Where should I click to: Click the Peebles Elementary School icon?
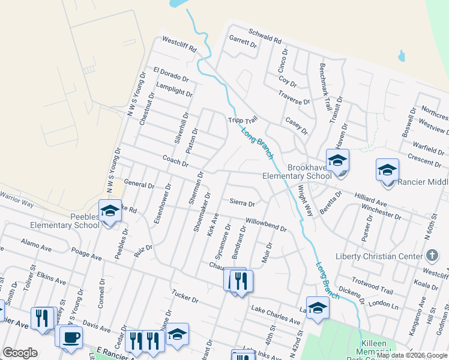[110, 211]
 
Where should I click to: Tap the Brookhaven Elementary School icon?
[338, 161]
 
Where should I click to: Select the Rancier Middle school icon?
[387, 170]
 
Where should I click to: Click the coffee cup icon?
[71, 336]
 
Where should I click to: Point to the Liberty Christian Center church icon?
[431, 257]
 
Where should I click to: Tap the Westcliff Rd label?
[179, 45]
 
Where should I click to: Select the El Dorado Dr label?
[170, 75]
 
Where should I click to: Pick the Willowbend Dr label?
[266, 224]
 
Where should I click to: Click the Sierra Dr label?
[244, 203]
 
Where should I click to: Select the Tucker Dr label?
[184, 295]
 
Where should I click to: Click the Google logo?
[20, 353]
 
